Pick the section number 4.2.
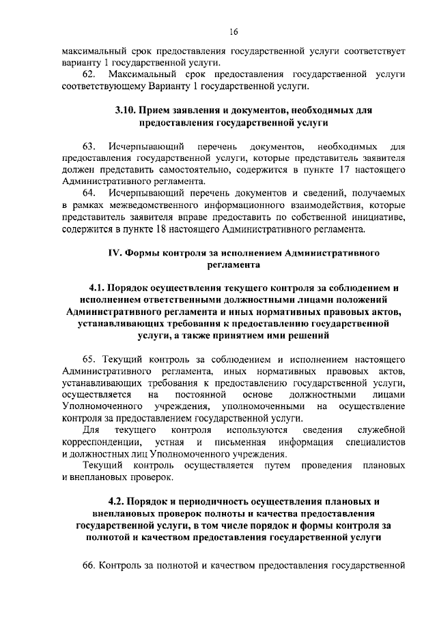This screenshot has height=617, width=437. click(108, 504)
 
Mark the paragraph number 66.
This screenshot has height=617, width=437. click(89, 566)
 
